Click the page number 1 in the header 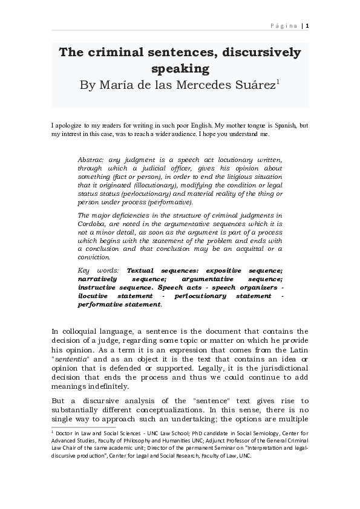(307, 25)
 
